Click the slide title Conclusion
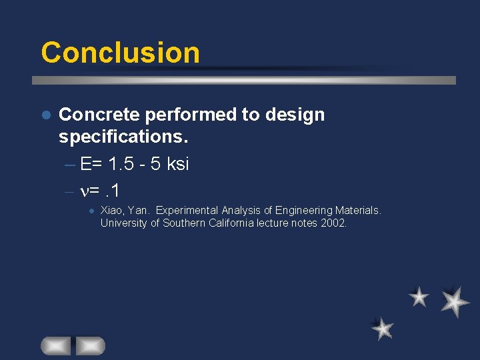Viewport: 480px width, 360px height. coord(120,53)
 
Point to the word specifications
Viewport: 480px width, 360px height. coord(123,138)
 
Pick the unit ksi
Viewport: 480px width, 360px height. coord(177,164)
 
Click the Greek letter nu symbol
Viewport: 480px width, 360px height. coord(85,191)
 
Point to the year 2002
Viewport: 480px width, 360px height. coord(333,223)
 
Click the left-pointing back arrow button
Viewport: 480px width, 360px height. coord(56,345)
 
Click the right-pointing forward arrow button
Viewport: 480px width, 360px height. coord(90,345)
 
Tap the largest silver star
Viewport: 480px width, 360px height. coord(455,301)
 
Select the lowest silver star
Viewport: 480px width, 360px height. coord(383,328)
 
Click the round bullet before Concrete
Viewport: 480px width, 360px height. coord(46,115)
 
